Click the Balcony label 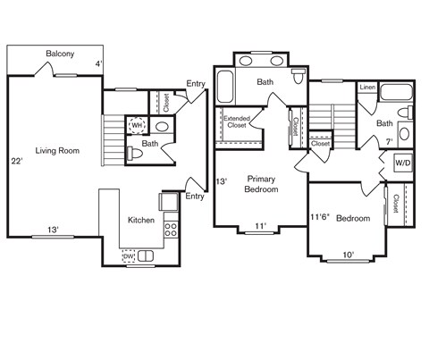61,54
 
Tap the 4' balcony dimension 99,63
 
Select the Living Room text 57,151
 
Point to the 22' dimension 16,162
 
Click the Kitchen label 141,220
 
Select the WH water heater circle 137,126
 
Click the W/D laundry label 402,163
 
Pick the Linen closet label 367,88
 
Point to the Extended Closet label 236,122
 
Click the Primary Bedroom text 262,184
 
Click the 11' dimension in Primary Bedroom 259,226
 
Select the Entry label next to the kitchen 194,197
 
